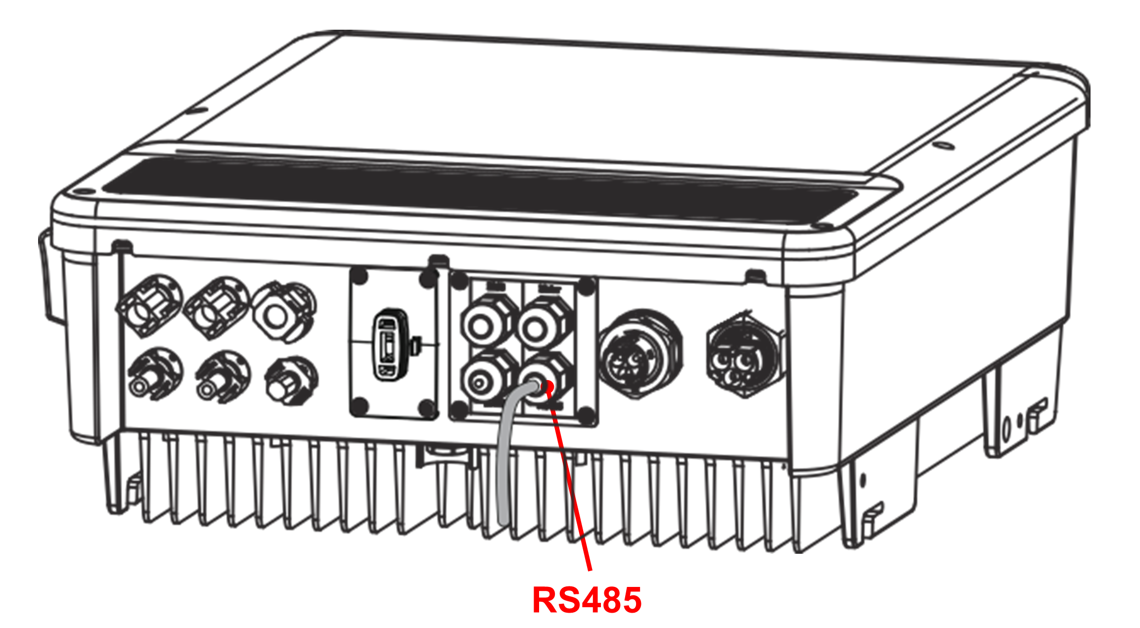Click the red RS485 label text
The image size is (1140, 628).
coord(587,600)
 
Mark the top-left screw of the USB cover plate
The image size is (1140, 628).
coord(360,276)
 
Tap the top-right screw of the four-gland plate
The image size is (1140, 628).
coord(587,286)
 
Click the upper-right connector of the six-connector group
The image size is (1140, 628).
coord(284,312)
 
